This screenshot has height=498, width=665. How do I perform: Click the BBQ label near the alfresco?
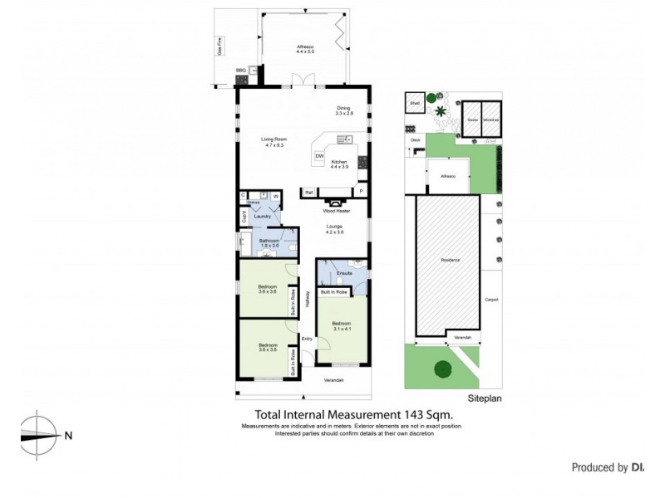click(x=241, y=71)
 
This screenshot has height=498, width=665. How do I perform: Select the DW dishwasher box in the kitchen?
click(x=319, y=156)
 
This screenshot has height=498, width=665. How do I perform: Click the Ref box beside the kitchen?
click(x=308, y=193)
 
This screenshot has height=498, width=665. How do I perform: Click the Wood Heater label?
click(x=335, y=212)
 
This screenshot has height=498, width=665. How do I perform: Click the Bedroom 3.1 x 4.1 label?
click(x=342, y=325)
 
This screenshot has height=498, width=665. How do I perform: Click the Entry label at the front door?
click(x=307, y=338)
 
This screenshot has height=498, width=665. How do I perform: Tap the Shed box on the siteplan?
click(x=414, y=103)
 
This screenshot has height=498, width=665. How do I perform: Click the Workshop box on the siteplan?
click(x=490, y=120)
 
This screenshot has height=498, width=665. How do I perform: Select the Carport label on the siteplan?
click(x=491, y=300)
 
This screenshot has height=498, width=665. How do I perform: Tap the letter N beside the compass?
click(x=68, y=435)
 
